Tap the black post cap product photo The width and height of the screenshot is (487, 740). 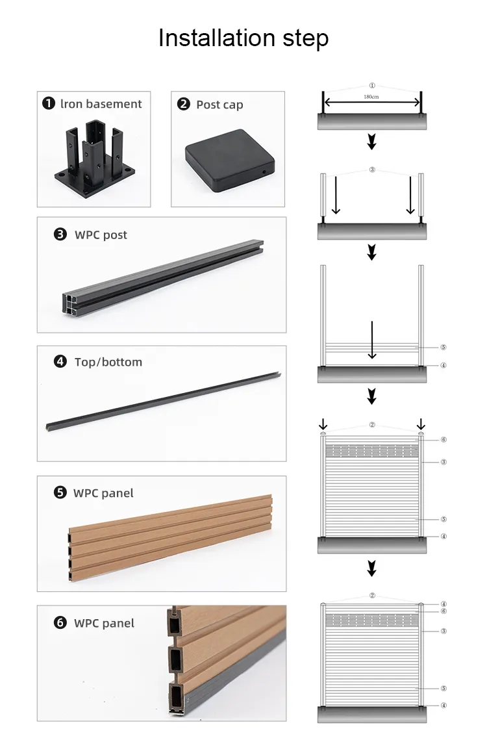(x=227, y=160)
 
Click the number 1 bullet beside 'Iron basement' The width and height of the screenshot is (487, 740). (x=48, y=104)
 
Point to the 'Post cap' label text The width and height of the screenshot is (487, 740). (x=219, y=105)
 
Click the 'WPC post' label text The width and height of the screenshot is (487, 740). (x=101, y=235)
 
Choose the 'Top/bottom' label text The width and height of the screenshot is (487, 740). (x=108, y=362)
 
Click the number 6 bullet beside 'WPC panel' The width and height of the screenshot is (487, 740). (x=60, y=623)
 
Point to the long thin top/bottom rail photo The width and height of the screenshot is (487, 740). (x=162, y=400)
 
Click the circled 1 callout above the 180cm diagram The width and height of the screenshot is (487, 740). (x=372, y=85)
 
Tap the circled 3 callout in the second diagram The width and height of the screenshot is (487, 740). (x=372, y=170)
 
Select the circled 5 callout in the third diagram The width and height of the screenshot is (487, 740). (x=443, y=348)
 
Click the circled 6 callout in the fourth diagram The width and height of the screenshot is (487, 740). (x=443, y=440)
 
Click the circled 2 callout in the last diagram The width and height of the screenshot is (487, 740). (x=372, y=594)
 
